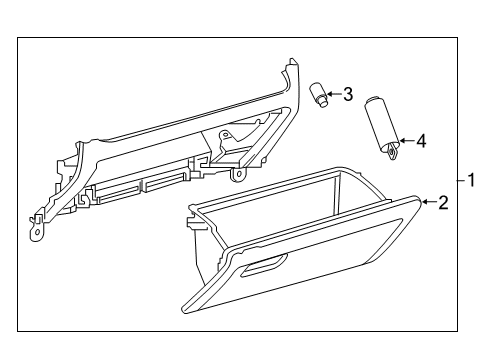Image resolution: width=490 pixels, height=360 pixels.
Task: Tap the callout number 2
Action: coord(443,203)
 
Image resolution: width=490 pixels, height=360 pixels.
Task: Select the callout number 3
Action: coord(347,95)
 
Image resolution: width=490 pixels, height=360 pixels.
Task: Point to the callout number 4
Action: coord(420,142)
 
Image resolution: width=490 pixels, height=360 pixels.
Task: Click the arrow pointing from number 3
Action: coord(334,95)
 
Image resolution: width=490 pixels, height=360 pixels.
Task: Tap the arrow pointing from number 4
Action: coord(405,142)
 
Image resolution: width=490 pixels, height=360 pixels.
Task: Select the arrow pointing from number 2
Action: coord(428,203)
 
